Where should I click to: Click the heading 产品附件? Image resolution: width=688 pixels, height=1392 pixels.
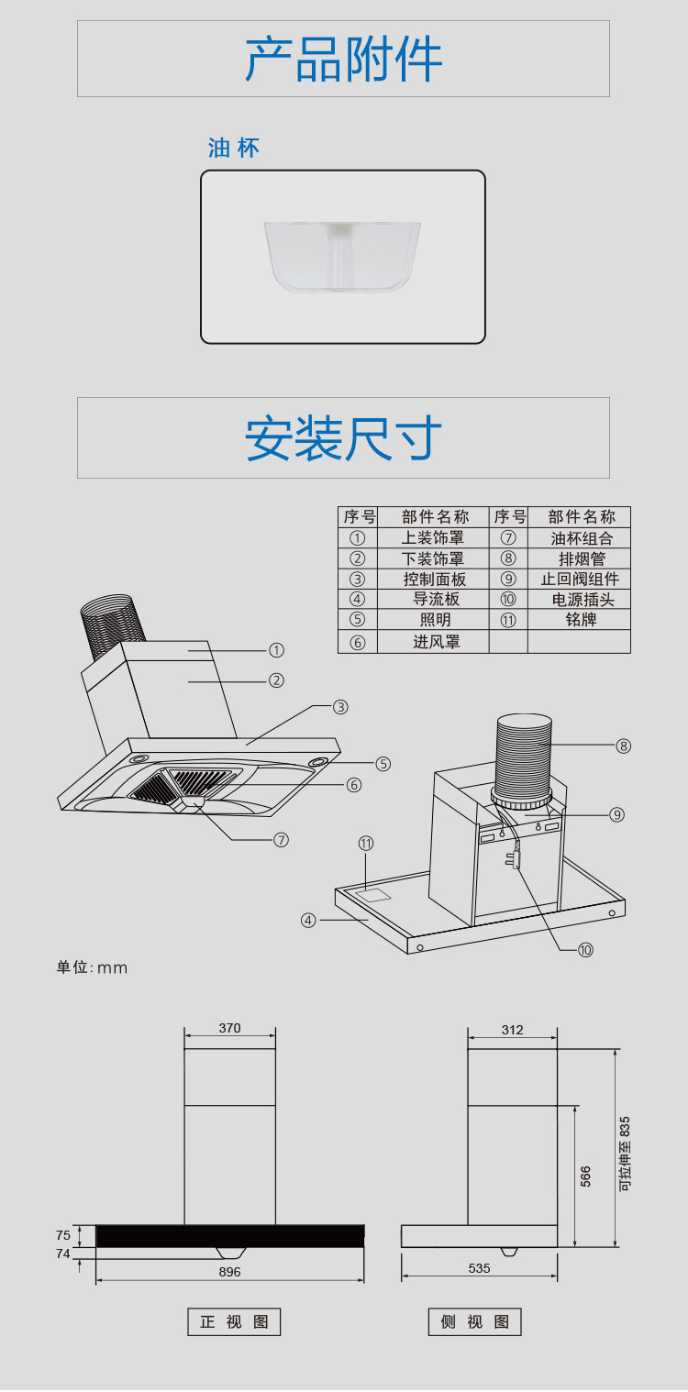343,60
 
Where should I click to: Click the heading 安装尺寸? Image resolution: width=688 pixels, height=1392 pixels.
343,438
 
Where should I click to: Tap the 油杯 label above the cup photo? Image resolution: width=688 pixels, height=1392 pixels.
234,149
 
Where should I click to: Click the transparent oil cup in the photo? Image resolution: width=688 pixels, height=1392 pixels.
342,258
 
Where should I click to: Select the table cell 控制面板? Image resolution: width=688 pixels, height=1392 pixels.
435,580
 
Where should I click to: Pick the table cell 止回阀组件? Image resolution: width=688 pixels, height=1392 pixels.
579,580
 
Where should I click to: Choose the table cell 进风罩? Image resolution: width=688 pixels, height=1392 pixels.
436,642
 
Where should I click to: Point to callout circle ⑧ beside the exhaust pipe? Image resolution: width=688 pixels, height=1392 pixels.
624,746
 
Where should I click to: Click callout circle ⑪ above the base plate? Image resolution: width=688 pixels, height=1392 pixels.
366,844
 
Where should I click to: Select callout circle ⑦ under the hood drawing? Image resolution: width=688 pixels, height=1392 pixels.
282,840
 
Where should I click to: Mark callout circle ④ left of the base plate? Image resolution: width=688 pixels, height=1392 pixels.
308,920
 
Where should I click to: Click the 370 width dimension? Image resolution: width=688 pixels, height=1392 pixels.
229,1028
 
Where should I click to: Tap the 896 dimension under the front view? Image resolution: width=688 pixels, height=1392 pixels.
229,1272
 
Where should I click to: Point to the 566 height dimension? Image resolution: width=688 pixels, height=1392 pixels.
586,1177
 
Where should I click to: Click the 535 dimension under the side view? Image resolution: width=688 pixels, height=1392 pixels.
479,1268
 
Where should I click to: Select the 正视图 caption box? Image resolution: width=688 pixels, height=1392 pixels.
234,1321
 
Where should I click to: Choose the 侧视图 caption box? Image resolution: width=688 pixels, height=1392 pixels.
474,1321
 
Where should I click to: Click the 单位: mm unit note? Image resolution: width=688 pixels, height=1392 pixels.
92,967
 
